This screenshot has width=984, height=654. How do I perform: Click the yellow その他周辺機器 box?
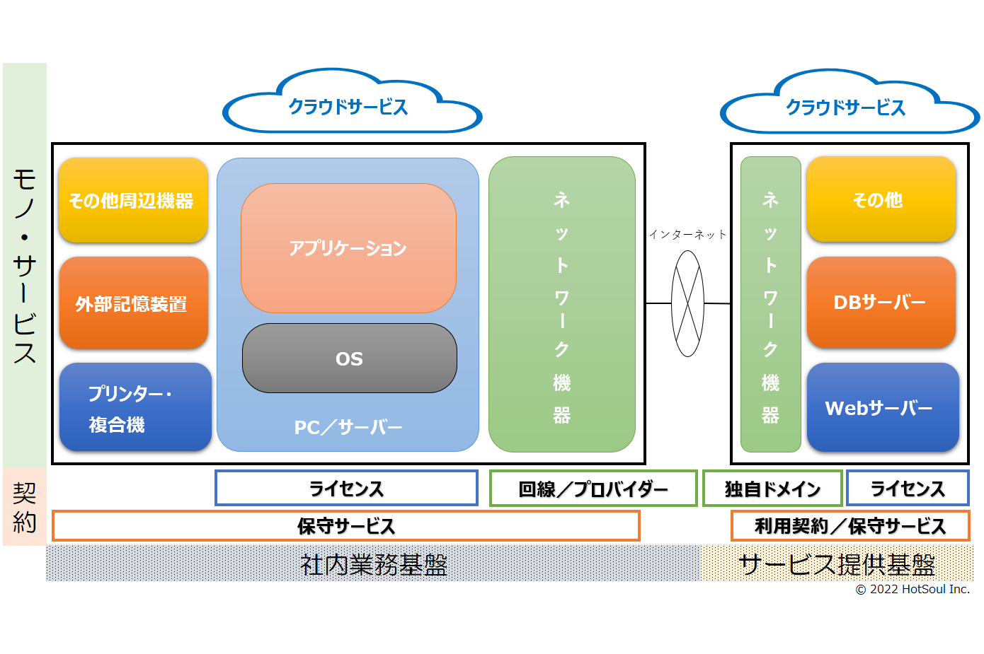133,200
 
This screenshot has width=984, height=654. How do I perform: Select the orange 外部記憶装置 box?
134,303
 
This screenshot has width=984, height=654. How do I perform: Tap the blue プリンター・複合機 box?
135,407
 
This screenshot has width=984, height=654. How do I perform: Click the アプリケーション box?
348,248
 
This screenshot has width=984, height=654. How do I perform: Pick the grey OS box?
349,358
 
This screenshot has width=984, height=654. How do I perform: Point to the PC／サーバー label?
348,427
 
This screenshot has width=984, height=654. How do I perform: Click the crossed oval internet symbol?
687,303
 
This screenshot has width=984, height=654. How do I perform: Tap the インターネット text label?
688,235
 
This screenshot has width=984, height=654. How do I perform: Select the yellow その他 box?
881,199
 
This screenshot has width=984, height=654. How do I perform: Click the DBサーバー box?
881,302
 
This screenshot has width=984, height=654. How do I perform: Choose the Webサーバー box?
883,407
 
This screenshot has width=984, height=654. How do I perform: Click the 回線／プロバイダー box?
593,488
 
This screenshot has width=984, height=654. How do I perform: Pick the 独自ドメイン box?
772,488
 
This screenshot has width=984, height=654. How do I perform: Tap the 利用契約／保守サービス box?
850,525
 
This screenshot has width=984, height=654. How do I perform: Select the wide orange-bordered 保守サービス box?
346,525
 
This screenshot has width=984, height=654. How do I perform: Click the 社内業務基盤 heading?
373,564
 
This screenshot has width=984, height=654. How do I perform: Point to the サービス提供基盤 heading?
837,564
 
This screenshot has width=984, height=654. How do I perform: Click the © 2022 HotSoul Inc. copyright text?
913,589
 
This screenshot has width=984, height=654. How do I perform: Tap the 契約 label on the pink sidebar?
25,507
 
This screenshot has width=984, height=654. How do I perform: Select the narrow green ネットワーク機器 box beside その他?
770,304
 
